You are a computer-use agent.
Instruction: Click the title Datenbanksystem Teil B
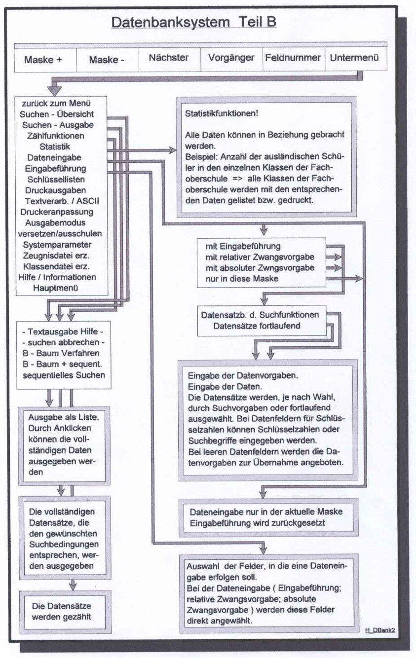(194, 22)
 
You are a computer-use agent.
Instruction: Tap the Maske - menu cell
(107, 60)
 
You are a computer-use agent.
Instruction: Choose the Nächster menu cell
(169, 58)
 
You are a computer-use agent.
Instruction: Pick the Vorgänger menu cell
(231, 58)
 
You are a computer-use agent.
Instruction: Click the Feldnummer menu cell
(293, 58)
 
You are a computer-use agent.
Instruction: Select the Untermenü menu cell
(355, 58)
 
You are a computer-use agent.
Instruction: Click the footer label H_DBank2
(379, 630)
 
